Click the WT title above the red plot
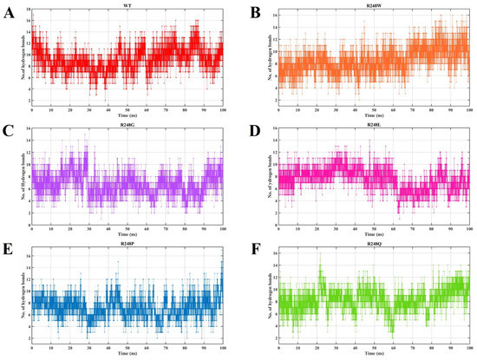pyautogui.click(x=127, y=5)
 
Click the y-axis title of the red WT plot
pyautogui.click(x=16, y=58)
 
